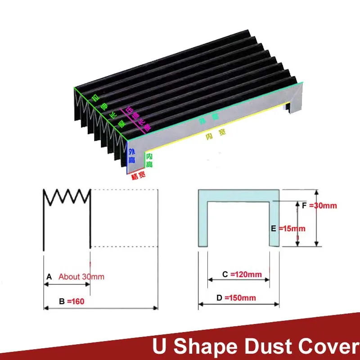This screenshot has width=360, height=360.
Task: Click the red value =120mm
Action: point(246,274)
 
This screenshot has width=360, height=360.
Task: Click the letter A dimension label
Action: point(49,277)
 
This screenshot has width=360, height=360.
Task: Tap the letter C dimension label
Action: point(225,274)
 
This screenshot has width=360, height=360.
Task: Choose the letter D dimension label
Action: point(219,298)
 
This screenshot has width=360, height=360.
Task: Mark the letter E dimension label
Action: point(273,229)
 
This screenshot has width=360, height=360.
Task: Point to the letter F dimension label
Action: point(305,206)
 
